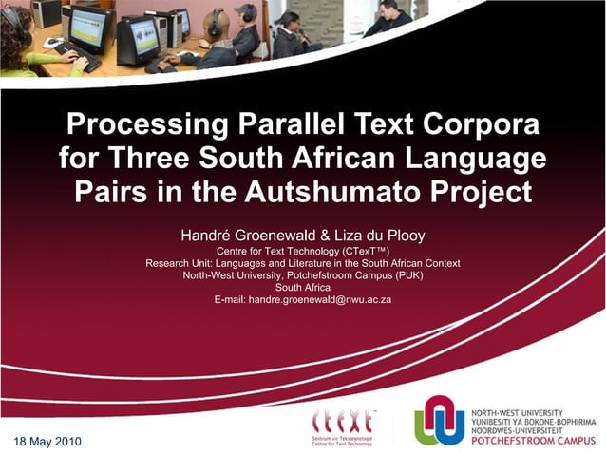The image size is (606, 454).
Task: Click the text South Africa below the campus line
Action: (x=302, y=287)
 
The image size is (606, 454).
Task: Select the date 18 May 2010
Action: (x=47, y=443)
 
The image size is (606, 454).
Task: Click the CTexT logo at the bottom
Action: (x=343, y=426)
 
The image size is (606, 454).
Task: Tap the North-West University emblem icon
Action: (x=439, y=419)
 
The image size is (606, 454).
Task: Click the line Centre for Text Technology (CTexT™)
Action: (x=303, y=251)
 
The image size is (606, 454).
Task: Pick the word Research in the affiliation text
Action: (x=168, y=263)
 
